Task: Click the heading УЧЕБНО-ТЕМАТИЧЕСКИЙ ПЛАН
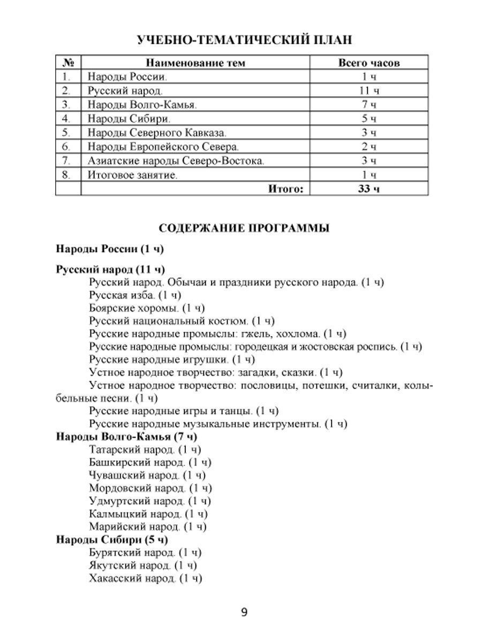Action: pyautogui.click(x=244, y=41)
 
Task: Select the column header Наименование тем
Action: pyautogui.click(x=195, y=63)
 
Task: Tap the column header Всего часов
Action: pyautogui.click(x=369, y=63)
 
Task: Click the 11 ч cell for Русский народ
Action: pyautogui.click(x=369, y=90)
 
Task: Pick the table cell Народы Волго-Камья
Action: pyautogui.click(x=142, y=104)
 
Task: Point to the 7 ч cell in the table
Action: pyautogui.click(x=369, y=104)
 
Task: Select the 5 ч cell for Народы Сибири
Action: pyautogui.click(x=369, y=118)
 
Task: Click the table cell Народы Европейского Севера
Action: pyautogui.click(x=163, y=146)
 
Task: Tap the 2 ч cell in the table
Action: pyautogui.click(x=369, y=146)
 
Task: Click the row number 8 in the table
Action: pyautogui.click(x=66, y=174)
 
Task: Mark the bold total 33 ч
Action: pyautogui.click(x=369, y=188)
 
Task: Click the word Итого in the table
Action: pyautogui.click(x=286, y=188)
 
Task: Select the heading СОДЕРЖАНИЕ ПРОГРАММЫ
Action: pyautogui.click(x=244, y=228)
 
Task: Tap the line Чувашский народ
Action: pyautogui.click(x=147, y=475)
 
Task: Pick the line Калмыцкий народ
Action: pyautogui.click(x=148, y=514)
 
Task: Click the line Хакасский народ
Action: pyautogui.click(x=146, y=578)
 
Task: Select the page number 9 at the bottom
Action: pyautogui.click(x=244, y=613)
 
